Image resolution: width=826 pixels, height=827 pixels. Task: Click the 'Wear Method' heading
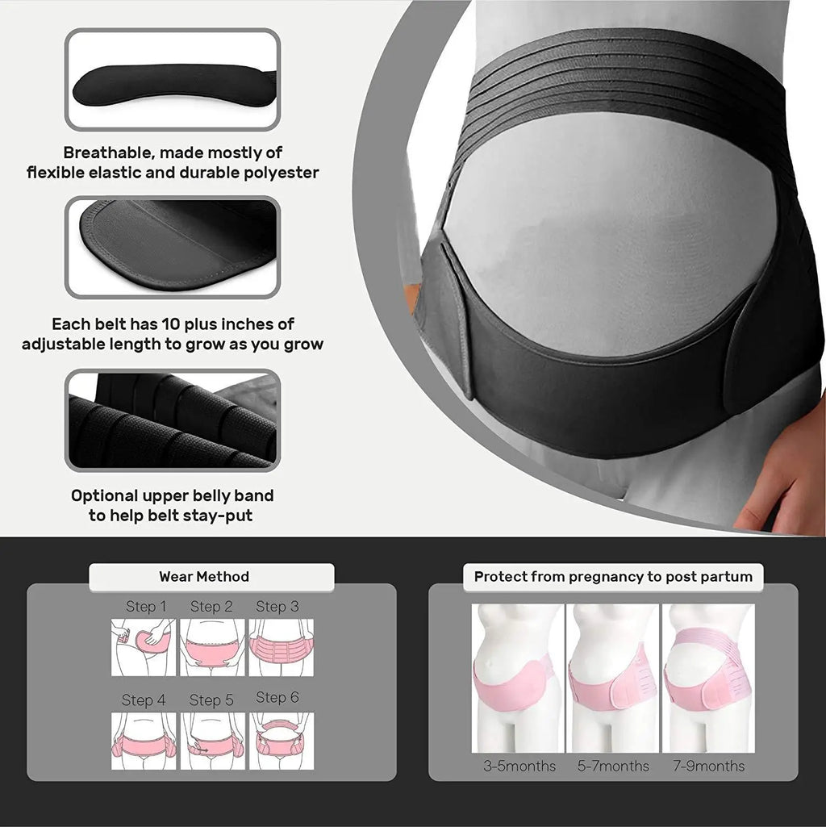[x=204, y=577]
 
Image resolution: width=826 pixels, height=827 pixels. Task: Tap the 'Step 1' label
[x=146, y=607]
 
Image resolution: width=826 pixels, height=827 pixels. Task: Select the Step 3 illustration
[x=281, y=647]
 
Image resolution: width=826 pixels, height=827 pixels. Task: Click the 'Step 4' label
[x=144, y=700]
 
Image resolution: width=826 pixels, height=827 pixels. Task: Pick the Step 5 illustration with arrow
[x=211, y=740]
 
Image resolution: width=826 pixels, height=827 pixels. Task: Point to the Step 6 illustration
[x=281, y=740]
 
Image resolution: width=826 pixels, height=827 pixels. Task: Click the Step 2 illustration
[x=211, y=647]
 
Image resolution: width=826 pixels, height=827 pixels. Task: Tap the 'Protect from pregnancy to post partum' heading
[x=613, y=577]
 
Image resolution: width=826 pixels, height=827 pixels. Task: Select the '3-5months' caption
[x=519, y=766]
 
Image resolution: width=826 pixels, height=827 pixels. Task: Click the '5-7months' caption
[x=613, y=766]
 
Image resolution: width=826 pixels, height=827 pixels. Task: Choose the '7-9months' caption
[x=709, y=766]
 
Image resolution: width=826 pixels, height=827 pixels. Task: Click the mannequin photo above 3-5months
[x=517, y=678]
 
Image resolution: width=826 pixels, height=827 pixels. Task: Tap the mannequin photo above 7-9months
[x=708, y=678]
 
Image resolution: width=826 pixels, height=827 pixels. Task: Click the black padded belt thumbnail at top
[x=173, y=80]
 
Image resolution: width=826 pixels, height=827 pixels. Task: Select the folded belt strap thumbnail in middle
[x=173, y=246]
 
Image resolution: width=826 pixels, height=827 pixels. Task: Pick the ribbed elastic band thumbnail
[x=173, y=420]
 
